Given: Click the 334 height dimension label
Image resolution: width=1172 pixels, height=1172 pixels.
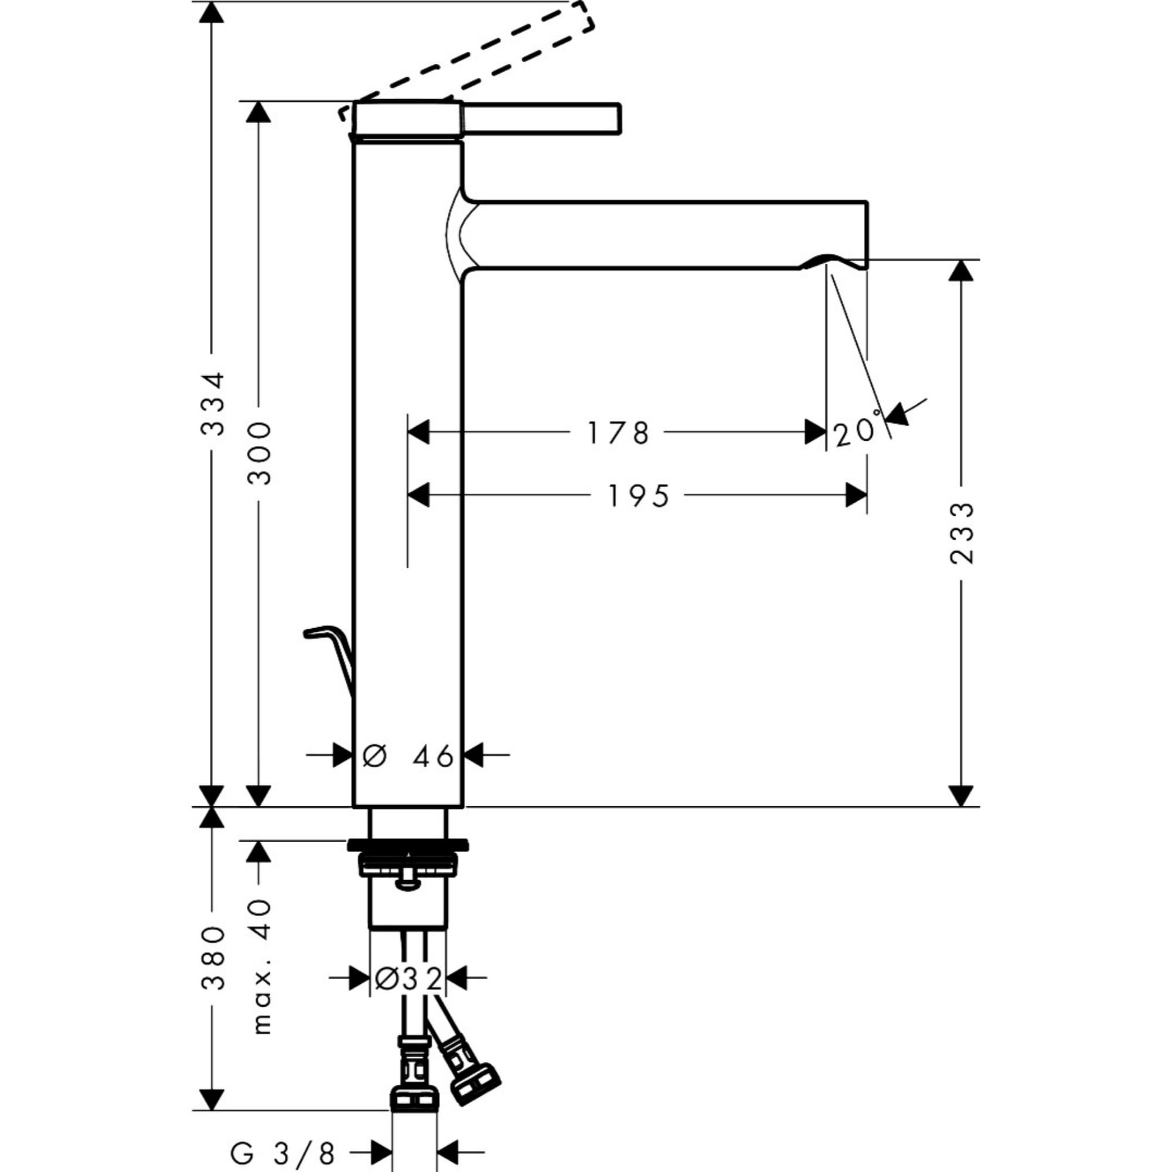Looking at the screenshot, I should coord(212,403).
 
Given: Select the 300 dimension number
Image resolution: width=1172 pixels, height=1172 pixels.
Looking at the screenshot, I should coord(260,453).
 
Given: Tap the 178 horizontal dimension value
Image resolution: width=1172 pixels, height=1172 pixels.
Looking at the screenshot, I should coord(618,433).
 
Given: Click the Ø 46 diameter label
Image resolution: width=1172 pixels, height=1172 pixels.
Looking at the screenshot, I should coord(408,757).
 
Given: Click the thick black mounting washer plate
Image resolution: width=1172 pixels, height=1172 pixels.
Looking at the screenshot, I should coord(408,845).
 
